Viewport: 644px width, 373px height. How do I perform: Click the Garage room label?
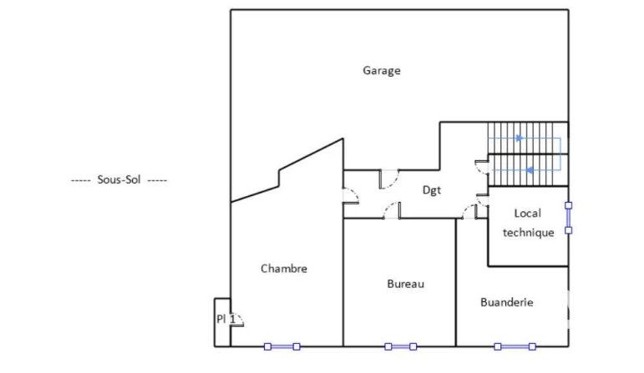point(382,71)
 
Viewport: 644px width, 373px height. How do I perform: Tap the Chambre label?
point(284,269)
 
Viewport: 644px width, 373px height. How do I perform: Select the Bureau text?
point(405,284)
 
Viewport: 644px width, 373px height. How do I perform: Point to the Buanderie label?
point(507,302)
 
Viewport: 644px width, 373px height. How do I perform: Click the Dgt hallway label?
point(432,190)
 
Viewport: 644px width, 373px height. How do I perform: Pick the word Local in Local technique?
point(528,214)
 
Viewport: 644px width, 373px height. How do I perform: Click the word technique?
point(529,233)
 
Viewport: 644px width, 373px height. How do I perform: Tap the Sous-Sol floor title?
point(119,179)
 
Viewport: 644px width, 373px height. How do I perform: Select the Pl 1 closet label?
point(226,319)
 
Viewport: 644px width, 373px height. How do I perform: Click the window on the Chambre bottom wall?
point(281,347)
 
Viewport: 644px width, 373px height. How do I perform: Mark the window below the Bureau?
point(400,347)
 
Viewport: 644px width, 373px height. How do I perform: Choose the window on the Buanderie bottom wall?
point(515,347)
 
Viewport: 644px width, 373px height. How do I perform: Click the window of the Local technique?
point(569,218)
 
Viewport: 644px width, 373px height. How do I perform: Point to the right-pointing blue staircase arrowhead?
point(520,139)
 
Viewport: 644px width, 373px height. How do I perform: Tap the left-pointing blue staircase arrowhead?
point(530,170)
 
